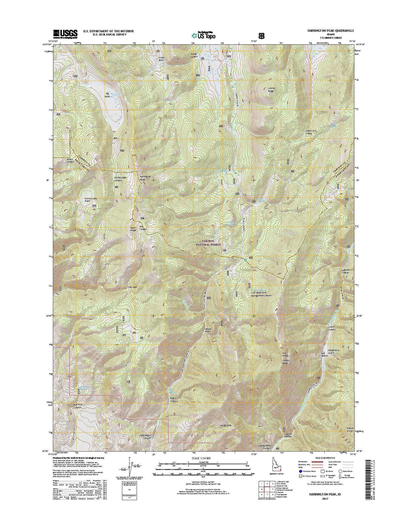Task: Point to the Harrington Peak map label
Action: tap(145, 178)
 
